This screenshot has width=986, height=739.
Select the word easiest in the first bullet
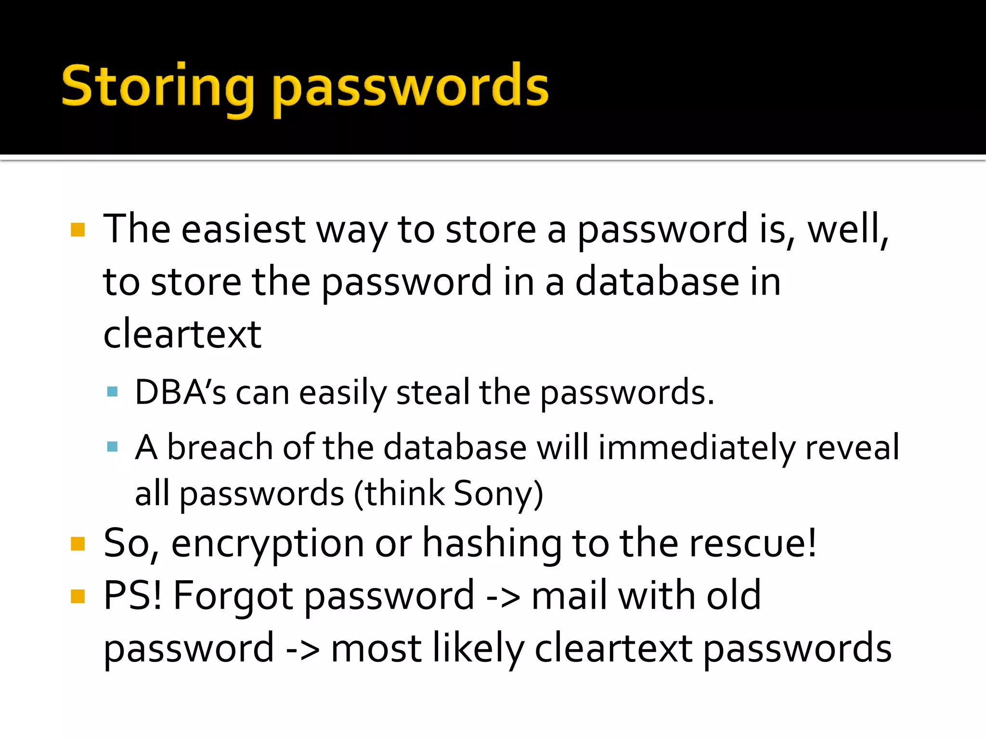click(243, 229)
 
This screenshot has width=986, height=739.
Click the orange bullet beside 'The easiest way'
click(78, 229)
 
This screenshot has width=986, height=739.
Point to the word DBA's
click(180, 393)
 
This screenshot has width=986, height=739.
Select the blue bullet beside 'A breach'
click(113, 447)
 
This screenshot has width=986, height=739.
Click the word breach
click(220, 447)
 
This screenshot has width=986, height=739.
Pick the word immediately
click(696, 447)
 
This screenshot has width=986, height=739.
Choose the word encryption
click(267, 544)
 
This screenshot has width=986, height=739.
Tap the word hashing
click(492, 544)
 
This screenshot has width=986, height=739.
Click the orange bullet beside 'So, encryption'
click(78, 544)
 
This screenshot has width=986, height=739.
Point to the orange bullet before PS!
click(78, 597)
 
